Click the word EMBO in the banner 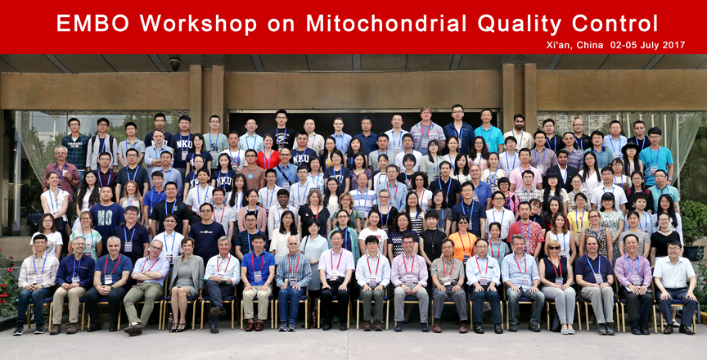(x=92, y=23)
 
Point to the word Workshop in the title (x=198, y=24)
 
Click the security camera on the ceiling (x=175, y=63)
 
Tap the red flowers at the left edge (x=7, y=283)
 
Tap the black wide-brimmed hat (x=630, y=147)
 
